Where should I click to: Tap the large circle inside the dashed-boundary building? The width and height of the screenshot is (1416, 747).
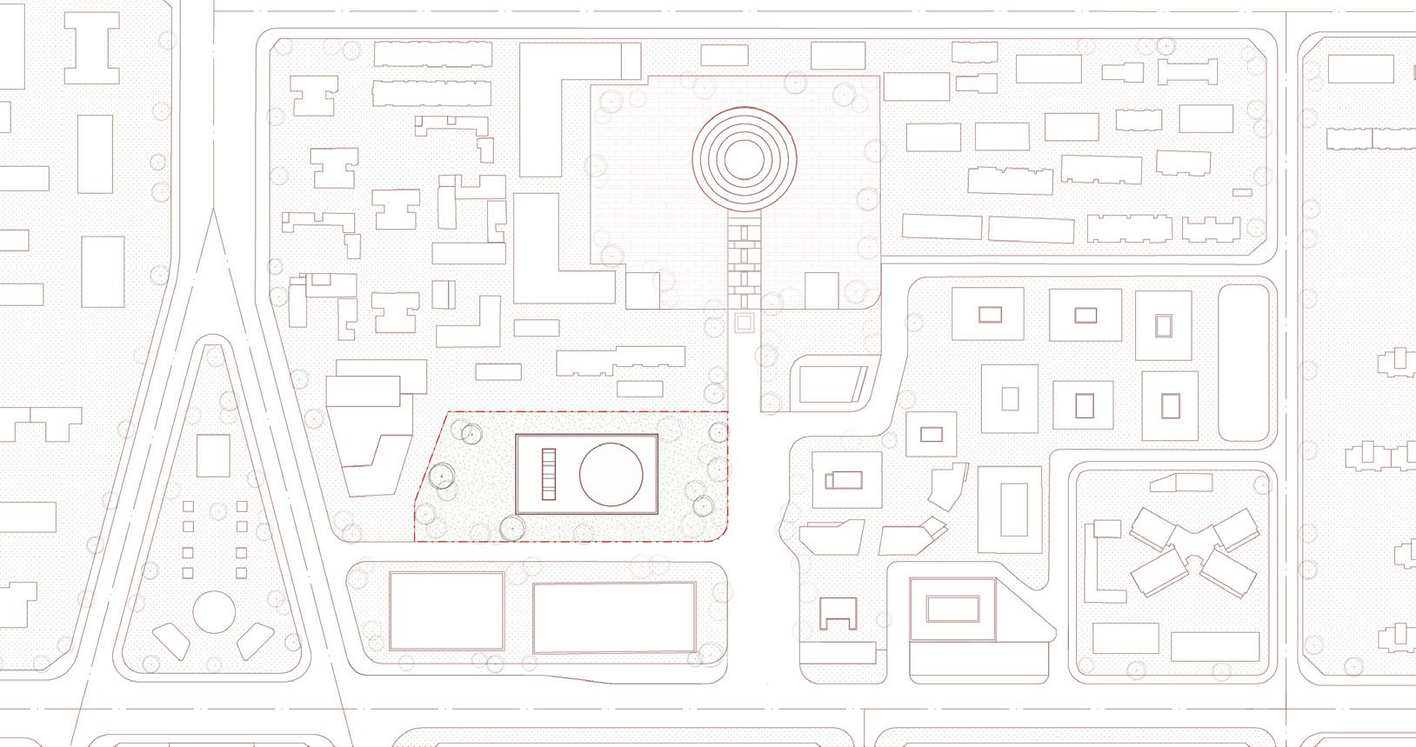(x=612, y=474)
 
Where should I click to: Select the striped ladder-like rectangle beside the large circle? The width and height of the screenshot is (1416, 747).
(x=548, y=474)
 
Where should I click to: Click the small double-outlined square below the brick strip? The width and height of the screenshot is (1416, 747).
(x=744, y=323)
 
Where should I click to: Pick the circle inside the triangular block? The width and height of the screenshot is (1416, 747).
(x=213, y=611)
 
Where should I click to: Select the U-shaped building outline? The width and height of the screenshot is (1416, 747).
(x=838, y=614)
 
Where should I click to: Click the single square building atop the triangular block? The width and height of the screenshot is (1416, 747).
(x=213, y=456)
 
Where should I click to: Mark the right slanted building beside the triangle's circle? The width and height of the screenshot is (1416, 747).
(x=255, y=642)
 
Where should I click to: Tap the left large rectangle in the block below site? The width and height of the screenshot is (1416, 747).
(x=446, y=611)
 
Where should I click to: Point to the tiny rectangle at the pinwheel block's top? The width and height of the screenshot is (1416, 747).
(x=1179, y=484)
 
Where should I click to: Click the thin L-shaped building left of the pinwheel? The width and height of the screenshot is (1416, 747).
(x=1102, y=565)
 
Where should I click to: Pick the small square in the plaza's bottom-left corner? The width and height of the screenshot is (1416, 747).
(x=643, y=290)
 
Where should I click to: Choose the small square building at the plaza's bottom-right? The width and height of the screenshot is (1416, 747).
(x=821, y=290)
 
